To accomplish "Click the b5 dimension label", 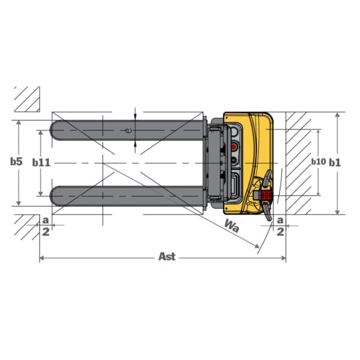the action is (16, 161).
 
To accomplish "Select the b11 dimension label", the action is (41, 163).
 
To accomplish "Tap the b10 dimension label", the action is (319, 162).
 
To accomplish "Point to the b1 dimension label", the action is (335, 163).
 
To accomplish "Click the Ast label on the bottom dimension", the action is (167, 256).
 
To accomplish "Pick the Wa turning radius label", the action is (232, 226).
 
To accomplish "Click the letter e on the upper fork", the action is (128, 130).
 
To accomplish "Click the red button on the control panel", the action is (234, 147).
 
